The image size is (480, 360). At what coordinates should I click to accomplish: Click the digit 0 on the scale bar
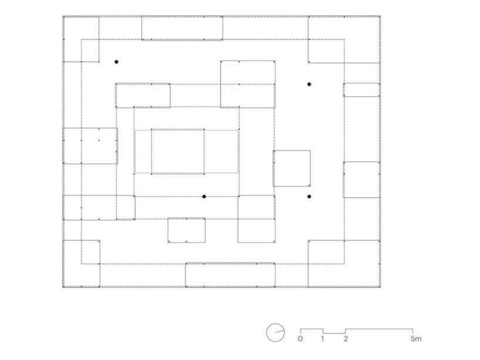[300, 338]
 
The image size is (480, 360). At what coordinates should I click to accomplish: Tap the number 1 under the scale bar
[323, 338]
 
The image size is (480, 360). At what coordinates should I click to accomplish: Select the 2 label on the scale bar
[346, 338]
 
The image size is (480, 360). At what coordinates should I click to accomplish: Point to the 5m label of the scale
[415, 338]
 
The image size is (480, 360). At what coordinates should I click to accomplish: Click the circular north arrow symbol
[275, 332]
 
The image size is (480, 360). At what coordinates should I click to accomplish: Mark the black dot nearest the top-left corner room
[117, 62]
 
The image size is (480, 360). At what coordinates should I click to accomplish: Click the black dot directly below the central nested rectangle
[204, 196]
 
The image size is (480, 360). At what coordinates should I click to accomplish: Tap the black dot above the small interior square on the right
[309, 84]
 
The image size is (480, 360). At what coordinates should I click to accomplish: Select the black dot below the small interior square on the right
[309, 196]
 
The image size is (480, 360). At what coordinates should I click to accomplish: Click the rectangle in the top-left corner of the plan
[81, 39]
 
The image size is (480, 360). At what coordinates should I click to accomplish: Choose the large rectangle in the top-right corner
[344, 39]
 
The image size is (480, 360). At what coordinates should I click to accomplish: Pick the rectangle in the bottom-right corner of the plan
[344, 263]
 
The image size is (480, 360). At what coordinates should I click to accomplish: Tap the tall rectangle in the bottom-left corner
[81, 263]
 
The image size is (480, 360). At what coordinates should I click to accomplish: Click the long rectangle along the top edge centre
[182, 28]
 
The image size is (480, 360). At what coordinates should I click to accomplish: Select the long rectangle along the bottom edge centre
[230, 274]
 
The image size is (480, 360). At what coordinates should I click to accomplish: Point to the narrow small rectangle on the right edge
[361, 90]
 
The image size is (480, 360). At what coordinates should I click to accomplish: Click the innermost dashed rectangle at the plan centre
[178, 151]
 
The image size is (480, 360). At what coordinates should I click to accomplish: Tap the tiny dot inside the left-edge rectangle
[99, 140]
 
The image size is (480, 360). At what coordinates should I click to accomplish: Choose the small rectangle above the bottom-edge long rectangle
[187, 230]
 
